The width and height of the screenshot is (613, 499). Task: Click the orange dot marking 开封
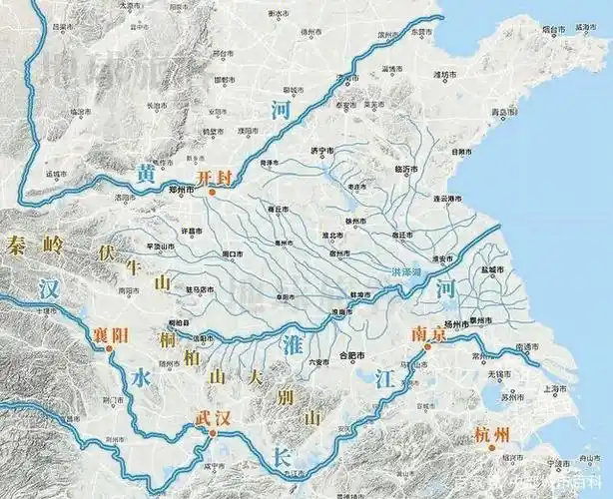click(212, 191)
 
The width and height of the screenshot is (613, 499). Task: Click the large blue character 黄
click(147, 177)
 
